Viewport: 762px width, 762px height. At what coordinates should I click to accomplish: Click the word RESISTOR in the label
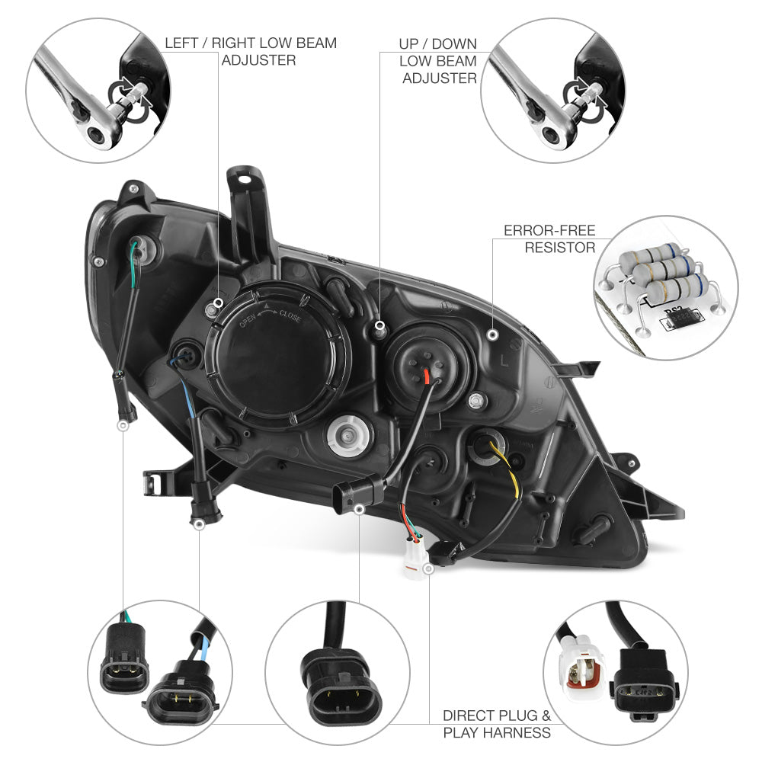560,248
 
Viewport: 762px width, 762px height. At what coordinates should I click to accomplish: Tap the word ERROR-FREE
549,230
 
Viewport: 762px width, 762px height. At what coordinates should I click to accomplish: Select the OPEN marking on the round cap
248,322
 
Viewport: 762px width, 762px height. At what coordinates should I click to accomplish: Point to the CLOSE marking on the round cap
290,316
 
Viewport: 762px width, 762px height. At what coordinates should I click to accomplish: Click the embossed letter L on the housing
504,360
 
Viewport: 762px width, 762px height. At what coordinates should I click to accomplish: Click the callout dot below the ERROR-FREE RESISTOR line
493,335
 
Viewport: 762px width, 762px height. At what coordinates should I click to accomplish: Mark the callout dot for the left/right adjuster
218,303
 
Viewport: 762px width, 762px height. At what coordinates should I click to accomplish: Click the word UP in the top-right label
408,43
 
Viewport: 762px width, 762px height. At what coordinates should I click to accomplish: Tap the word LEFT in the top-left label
181,43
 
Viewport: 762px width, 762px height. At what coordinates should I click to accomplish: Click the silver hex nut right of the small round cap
477,402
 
